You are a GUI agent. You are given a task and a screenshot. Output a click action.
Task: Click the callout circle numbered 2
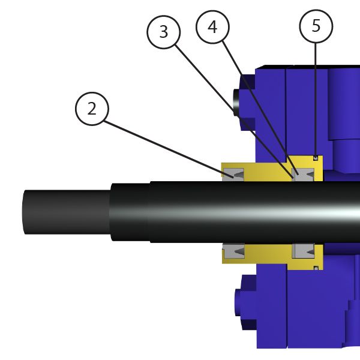point(92,109)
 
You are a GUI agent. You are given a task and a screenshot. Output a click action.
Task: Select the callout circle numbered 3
point(163,32)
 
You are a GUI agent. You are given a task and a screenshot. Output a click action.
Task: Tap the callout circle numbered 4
point(212,27)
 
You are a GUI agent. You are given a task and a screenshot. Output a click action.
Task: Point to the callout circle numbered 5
point(316,26)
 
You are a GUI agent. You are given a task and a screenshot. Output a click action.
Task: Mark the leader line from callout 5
point(316,100)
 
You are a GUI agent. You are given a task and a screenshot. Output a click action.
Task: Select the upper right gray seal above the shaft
point(303,175)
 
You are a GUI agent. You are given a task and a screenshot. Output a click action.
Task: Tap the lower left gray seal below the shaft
point(234,251)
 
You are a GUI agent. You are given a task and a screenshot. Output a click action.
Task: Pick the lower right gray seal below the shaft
point(303,251)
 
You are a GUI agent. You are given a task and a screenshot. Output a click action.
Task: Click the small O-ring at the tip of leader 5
point(316,158)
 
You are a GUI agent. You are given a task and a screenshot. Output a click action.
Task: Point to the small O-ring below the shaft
point(316,268)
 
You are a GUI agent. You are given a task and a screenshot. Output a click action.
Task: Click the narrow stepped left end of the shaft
point(67,212)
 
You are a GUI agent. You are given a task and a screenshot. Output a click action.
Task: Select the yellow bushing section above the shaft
point(272,169)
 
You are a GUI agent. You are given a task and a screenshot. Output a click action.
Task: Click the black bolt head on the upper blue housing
point(236,103)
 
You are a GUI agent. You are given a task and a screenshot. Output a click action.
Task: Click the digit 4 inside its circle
point(212,27)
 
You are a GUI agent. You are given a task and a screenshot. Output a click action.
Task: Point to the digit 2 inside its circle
point(92,109)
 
